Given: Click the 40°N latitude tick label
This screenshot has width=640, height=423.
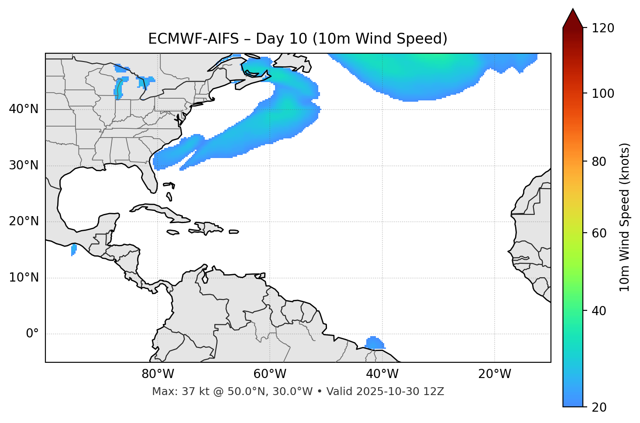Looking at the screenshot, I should tap(24, 109).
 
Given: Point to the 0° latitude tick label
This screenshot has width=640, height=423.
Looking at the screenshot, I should tap(32, 334).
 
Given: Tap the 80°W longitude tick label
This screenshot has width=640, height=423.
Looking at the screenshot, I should tap(158, 374).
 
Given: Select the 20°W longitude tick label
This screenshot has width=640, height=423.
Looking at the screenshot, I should tap(495, 374).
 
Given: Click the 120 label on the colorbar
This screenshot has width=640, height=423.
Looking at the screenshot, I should tap(603, 28).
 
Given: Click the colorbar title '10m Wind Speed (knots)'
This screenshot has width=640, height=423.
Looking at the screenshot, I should tap(625, 217).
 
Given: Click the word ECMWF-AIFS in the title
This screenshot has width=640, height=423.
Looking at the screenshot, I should tap(193, 39).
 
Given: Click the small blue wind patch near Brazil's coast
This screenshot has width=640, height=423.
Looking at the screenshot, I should tap(374, 343).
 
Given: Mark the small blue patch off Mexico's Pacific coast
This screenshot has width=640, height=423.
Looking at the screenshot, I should tap(74, 250).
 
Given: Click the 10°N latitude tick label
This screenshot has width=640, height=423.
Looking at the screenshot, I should tap(24, 278).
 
